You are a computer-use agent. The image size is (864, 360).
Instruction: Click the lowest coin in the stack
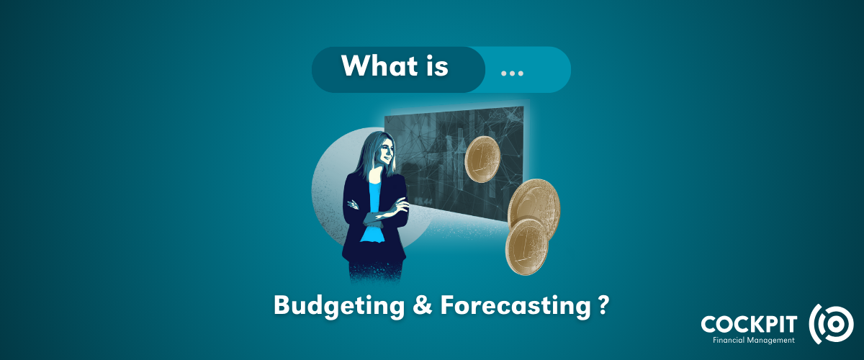[526, 246]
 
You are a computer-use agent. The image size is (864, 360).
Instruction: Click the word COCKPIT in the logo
[750, 323]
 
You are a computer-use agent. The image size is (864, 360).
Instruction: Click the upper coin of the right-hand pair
[534, 205]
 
